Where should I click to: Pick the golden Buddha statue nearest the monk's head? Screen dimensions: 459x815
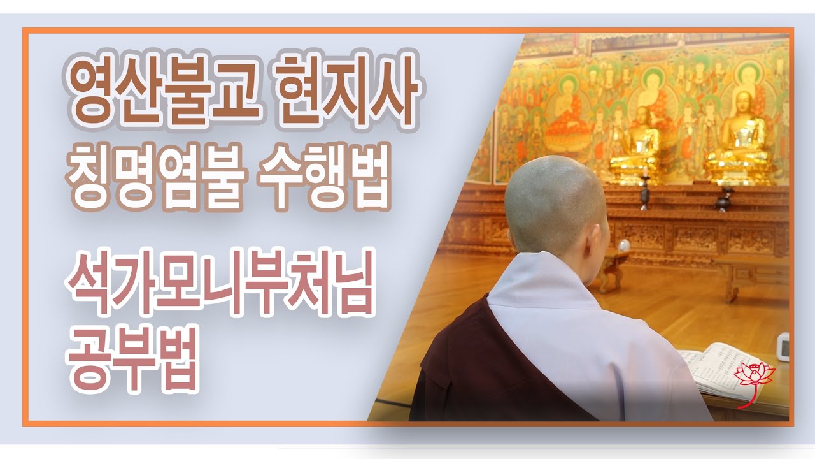639,143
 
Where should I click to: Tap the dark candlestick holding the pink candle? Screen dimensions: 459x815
645,191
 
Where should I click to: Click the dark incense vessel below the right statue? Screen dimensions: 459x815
723,199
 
